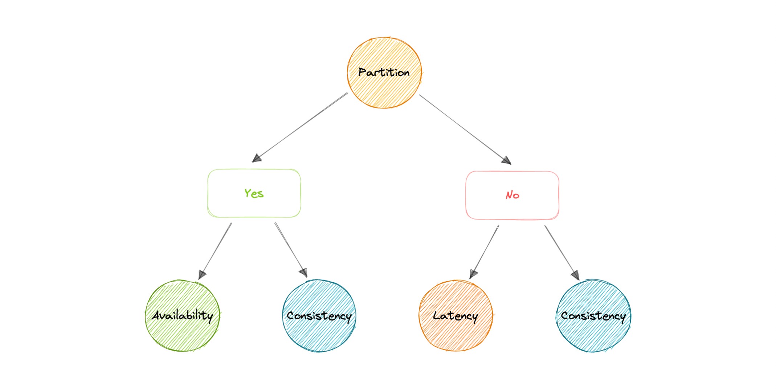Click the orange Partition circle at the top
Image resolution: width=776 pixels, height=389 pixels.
click(x=384, y=91)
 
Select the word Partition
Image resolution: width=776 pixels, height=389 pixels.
click(x=384, y=72)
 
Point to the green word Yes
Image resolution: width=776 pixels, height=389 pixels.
click(x=254, y=193)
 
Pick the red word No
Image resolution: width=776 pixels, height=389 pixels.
click(x=512, y=195)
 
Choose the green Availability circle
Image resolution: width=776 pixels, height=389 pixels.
click(x=183, y=334)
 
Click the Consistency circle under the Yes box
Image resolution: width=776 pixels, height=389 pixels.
click(x=319, y=336)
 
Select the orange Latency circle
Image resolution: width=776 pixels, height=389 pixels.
click(x=456, y=336)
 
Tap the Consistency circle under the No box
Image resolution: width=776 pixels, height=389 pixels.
click(x=593, y=336)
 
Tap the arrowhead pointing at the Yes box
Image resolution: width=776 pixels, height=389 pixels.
click(x=257, y=158)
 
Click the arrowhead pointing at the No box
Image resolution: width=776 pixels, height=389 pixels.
click(x=507, y=160)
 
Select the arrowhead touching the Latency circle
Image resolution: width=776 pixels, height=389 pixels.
click(x=473, y=274)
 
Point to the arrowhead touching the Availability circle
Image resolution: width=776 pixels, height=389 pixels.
click(x=202, y=275)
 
